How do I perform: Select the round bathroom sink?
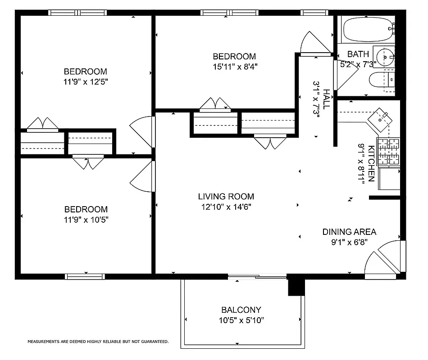coord(385,57)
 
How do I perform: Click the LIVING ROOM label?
coord(226,197)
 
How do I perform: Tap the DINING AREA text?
coord(349,232)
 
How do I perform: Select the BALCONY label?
coord(241,310)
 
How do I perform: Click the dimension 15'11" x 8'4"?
coord(234,67)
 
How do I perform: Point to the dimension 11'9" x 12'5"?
coord(86,82)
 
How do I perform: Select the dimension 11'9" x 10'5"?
coord(86,220)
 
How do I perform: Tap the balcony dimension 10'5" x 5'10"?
coord(241,320)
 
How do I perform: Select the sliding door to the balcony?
coord(257,276)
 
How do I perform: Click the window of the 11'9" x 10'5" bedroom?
coord(85,276)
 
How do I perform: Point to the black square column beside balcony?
coord(296,286)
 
